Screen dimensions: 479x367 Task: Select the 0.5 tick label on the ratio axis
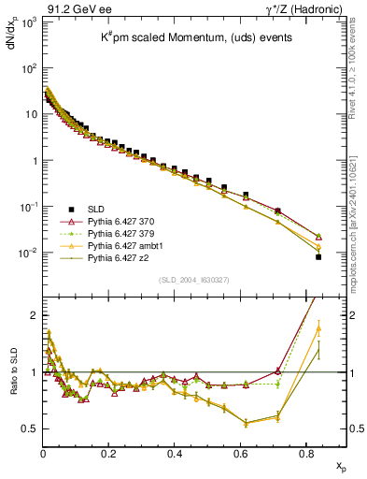(x=28, y=429)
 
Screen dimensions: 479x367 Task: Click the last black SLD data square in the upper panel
(x=318, y=256)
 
